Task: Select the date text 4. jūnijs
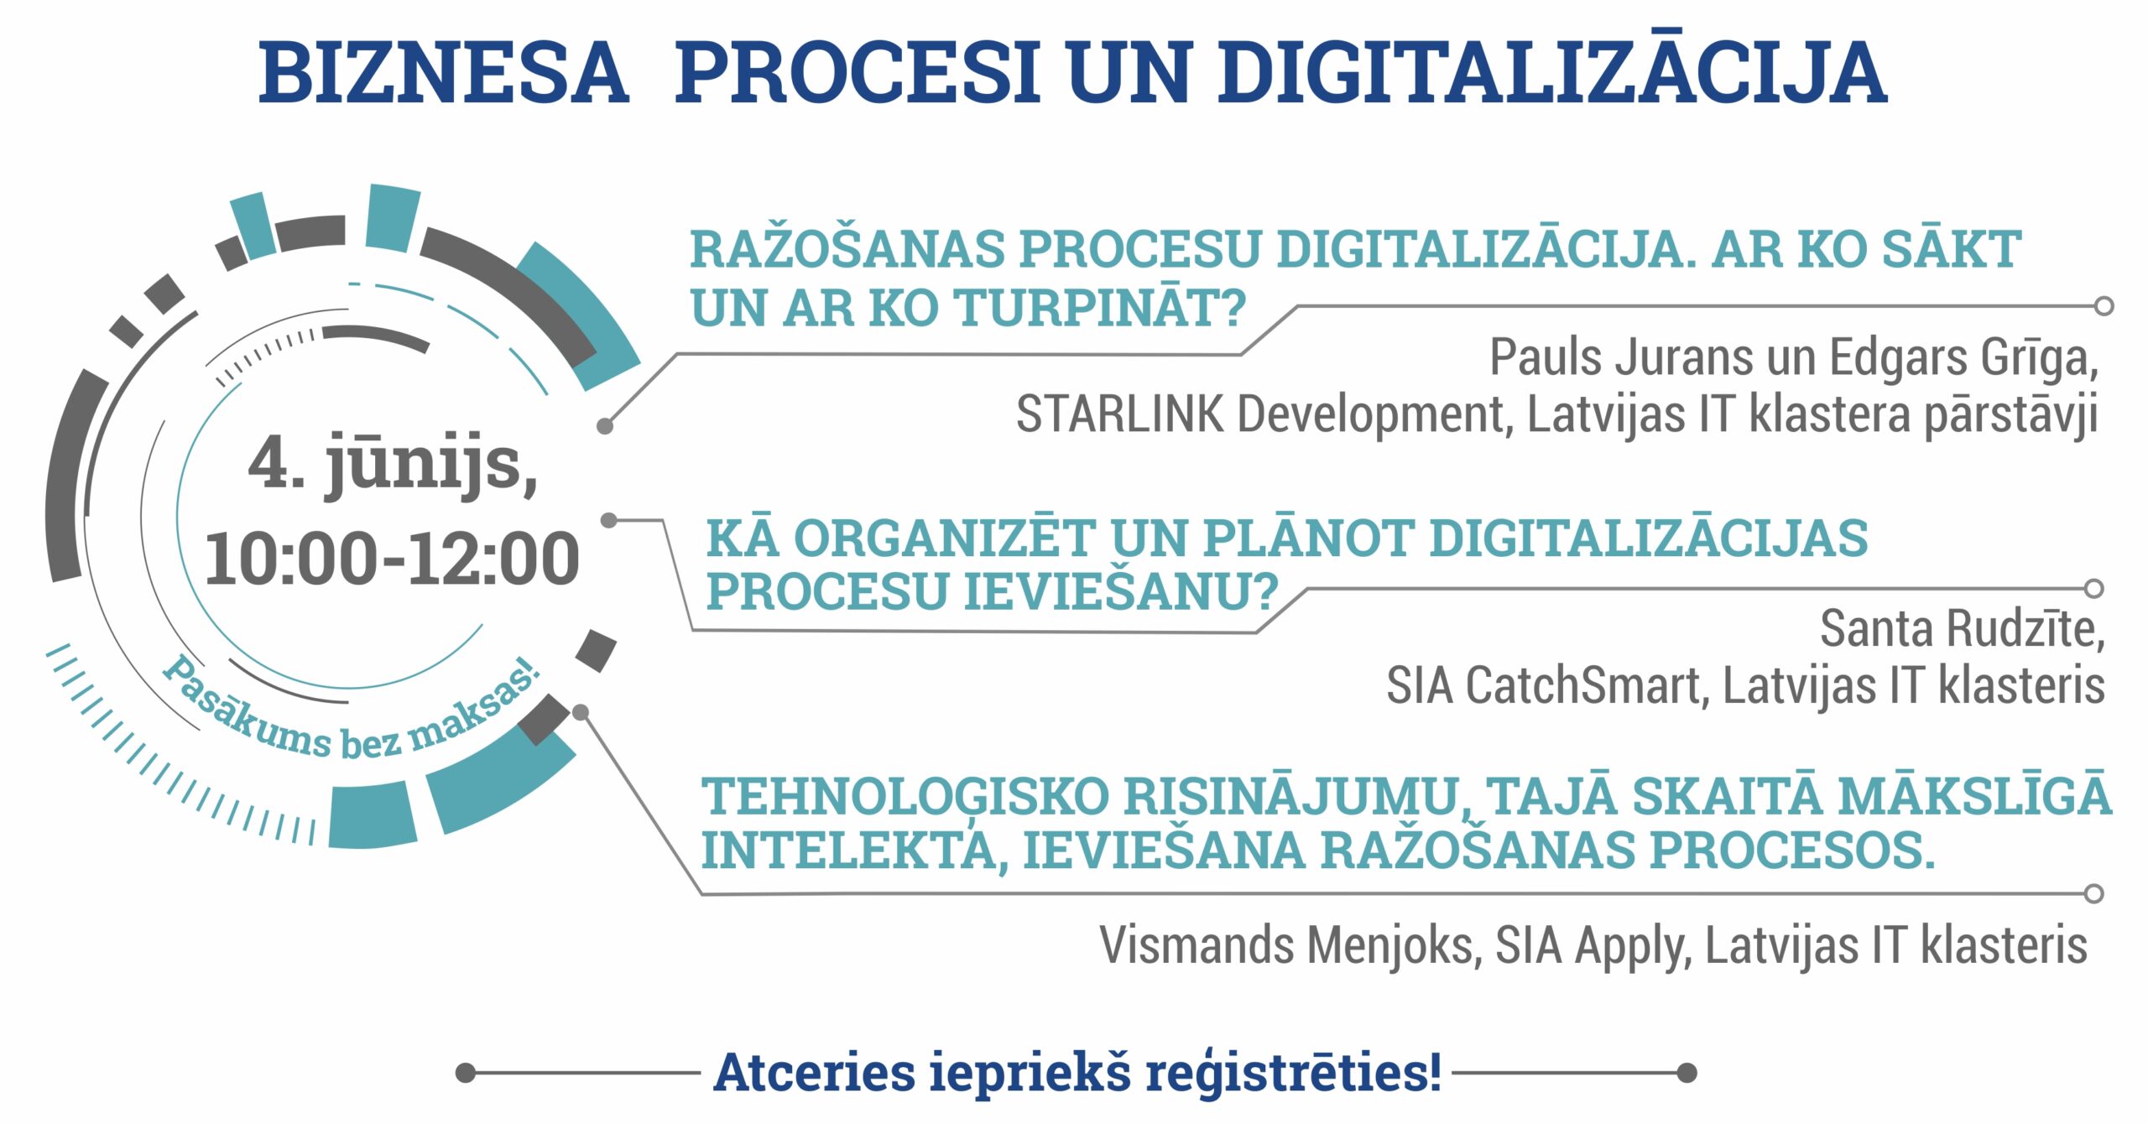click(393, 464)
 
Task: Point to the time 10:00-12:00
click(392, 559)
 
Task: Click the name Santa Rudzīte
click(1962, 628)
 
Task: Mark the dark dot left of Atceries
click(466, 1072)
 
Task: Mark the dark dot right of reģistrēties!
click(1687, 1072)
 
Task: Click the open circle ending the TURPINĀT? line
click(2104, 305)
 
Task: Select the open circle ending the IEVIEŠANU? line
click(2094, 588)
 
